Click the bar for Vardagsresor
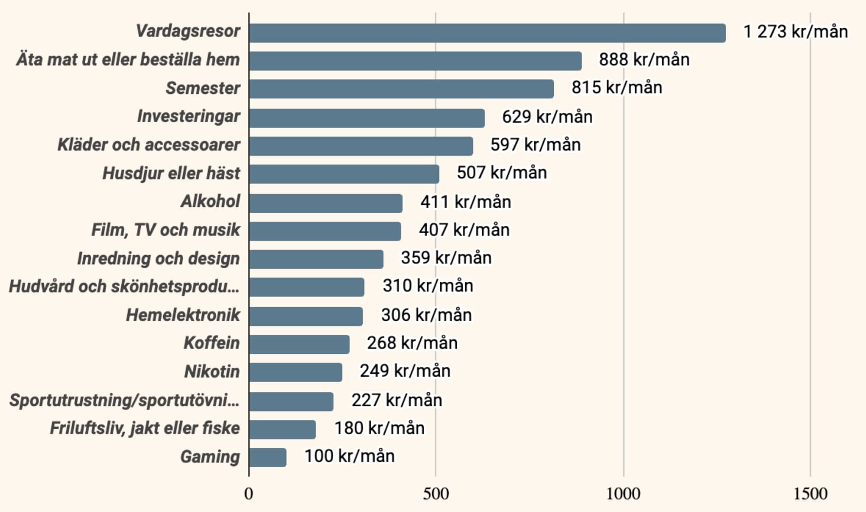(487, 33)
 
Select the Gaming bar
(267, 457)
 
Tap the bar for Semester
(401, 89)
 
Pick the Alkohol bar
(325, 203)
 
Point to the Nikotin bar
(295, 372)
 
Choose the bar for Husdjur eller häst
(344, 174)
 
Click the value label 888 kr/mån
(644, 60)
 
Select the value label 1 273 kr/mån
(795, 32)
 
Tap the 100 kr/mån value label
(349, 457)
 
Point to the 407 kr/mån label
(464, 230)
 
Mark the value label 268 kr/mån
(412, 343)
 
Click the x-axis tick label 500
(435, 494)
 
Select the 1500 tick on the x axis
(810, 494)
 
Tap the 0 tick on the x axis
(249, 494)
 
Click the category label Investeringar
(188, 117)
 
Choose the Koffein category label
(211, 343)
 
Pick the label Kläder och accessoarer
(149, 145)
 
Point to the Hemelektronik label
(183, 315)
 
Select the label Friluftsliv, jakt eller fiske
(145, 428)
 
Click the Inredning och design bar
(316, 259)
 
